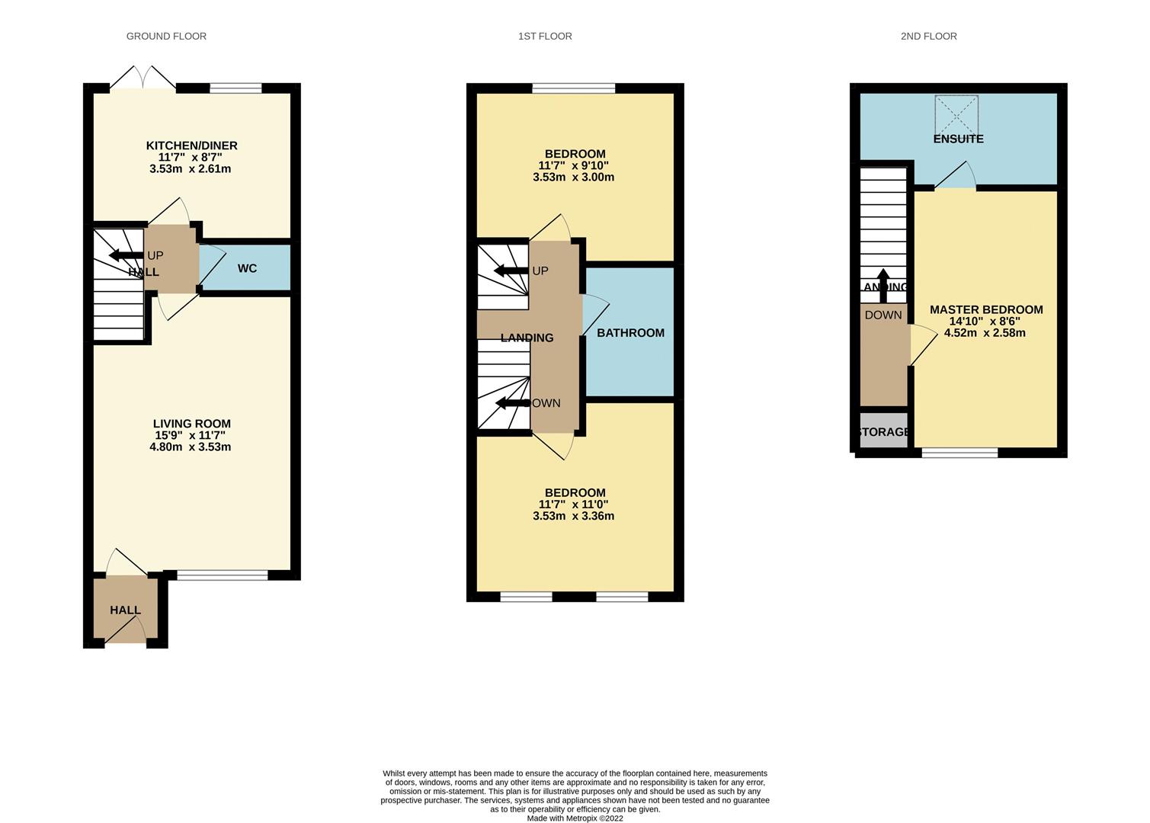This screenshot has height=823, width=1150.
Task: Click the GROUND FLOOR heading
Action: pos(166,36)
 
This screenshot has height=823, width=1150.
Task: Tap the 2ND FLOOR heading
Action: pos(928,36)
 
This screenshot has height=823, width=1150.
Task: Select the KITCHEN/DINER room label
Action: pos(191,146)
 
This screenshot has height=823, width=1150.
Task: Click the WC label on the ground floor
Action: pos(247,268)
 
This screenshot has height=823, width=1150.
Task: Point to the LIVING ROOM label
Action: pos(191,424)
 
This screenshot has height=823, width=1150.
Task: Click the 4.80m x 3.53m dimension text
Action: pos(191,447)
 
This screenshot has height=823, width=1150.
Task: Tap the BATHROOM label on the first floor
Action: pos(630,333)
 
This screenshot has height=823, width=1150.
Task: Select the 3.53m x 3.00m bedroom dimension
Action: pos(573,178)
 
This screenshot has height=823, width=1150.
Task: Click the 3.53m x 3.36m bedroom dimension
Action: pos(573,516)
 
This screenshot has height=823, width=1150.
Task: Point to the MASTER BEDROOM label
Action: pos(986,309)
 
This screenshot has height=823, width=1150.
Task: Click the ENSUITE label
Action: pos(958,139)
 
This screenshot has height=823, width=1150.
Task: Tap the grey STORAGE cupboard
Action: pos(883,431)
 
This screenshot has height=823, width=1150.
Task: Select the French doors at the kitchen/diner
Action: pos(143,79)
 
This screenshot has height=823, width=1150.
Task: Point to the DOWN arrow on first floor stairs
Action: pos(511,403)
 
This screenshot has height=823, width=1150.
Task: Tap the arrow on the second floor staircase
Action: pos(883,284)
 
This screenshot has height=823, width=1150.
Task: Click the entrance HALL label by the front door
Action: pos(125,610)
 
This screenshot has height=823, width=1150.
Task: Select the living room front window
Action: pos(222,575)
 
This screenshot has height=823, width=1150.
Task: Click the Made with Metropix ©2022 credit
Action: pos(575,818)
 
